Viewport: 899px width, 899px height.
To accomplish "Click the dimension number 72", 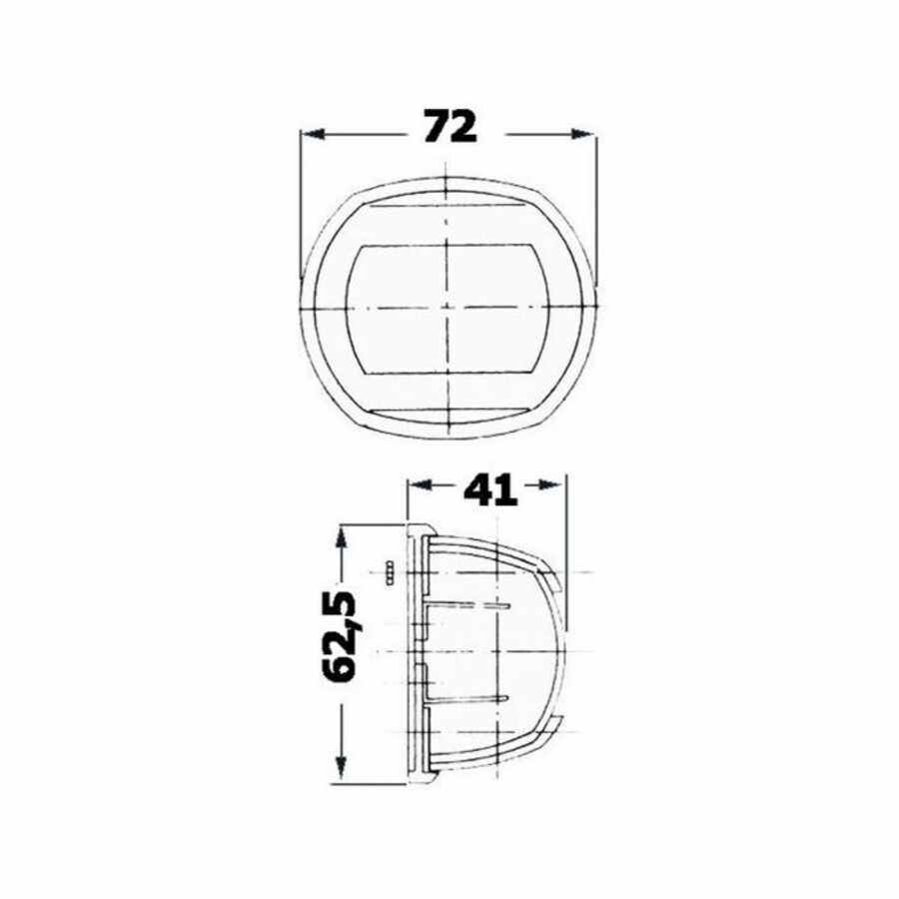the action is [450, 127].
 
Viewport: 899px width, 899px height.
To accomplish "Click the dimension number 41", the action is [490, 491].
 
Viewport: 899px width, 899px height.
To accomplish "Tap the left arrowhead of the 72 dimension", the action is [313, 135].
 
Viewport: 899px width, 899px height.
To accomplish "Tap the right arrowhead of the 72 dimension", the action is [583, 135].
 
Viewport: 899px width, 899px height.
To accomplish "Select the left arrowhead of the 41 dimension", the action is [420, 485].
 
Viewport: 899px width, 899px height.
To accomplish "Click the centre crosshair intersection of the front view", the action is [446, 308].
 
